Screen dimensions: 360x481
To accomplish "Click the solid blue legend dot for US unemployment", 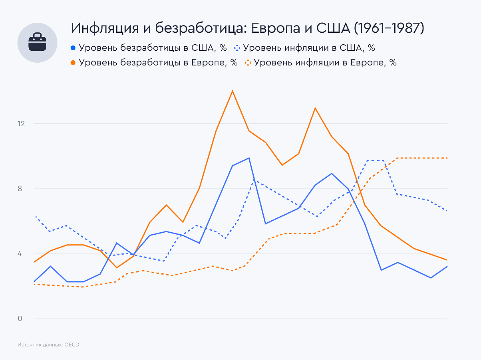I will [73, 48].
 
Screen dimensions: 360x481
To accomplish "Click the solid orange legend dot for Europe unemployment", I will [73, 63].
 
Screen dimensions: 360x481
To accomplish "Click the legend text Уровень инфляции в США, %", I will [309, 48].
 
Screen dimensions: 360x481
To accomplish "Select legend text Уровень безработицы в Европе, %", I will [158, 63].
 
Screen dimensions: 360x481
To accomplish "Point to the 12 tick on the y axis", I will [21, 124].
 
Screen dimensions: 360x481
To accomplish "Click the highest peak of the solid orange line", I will [232, 91].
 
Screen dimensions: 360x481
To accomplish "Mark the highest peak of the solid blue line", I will [249, 158].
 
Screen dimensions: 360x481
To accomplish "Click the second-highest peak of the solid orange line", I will [315, 108].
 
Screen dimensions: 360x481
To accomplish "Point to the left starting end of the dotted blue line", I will [36, 217].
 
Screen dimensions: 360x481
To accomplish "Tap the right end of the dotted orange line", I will [447, 158].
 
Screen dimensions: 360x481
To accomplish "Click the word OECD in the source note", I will [72, 344].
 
